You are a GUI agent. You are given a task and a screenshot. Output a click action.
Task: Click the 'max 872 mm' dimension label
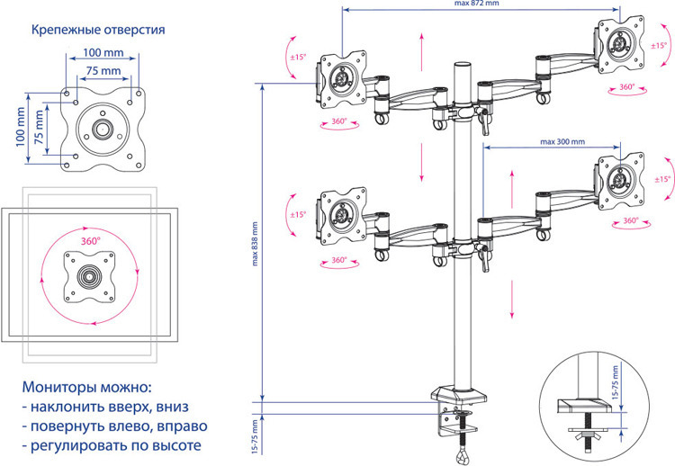click(x=479, y=4)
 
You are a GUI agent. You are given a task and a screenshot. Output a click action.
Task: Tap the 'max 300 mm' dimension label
click(x=561, y=141)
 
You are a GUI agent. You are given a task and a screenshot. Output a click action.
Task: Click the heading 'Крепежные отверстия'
click(x=98, y=30)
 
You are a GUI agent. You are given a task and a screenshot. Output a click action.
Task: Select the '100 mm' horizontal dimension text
click(x=103, y=52)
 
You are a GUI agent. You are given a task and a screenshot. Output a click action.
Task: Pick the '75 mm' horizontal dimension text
click(x=103, y=69)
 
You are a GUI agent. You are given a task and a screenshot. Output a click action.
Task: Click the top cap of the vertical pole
click(x=463, y=66)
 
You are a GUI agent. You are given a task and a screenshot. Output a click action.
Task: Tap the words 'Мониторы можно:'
click(x=87, y=388)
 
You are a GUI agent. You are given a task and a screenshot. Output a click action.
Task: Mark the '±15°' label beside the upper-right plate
click(x=659, y=46)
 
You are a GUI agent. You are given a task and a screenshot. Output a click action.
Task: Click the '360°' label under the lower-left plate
click(x=338, y=261)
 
